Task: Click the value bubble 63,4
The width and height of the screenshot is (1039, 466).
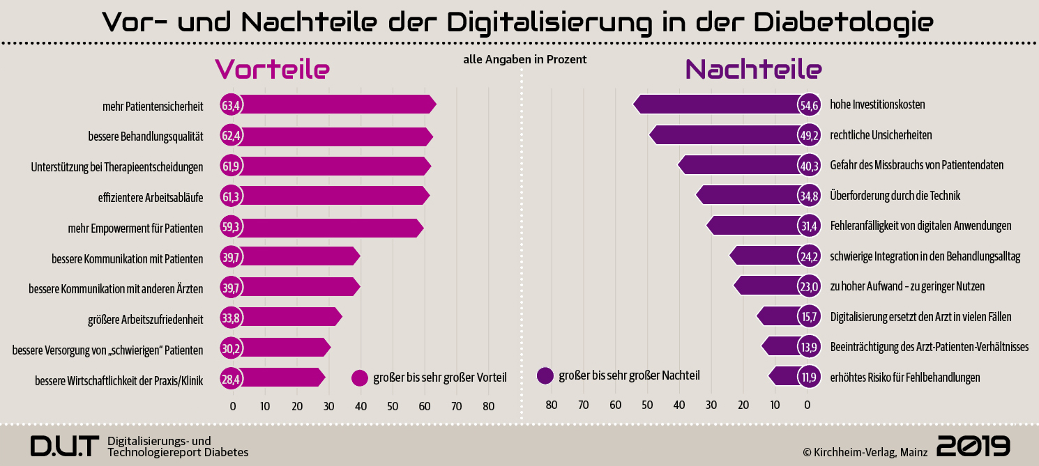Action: [231, 105]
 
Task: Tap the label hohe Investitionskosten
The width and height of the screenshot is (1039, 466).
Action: [877, 105]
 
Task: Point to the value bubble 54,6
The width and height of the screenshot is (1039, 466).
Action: [809, 105]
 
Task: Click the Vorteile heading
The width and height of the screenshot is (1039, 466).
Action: [272, 69]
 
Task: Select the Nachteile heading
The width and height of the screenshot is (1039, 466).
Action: [754, 69]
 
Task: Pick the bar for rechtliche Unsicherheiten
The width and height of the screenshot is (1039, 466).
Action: [725, 135]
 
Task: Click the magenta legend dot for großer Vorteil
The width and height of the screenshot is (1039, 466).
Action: [360, 378]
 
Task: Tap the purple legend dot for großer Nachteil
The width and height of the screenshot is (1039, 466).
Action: [545, 376]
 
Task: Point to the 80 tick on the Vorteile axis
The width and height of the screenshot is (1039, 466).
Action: [488, 406]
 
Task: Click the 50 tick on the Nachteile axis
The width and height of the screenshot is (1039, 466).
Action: [648, 405]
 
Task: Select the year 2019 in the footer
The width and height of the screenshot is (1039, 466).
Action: [973, 446]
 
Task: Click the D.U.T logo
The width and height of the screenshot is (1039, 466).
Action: [65, 446]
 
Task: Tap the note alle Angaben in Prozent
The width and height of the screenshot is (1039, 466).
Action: [524, 60]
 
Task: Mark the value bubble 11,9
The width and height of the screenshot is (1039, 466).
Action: [809, 378]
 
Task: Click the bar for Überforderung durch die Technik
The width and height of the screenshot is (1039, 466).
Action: [750, 196]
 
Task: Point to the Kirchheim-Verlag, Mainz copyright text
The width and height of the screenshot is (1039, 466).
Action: [865, 452]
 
